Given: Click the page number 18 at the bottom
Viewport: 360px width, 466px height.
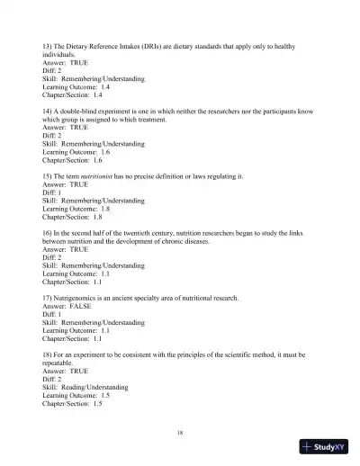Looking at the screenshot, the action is pos(181,434).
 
